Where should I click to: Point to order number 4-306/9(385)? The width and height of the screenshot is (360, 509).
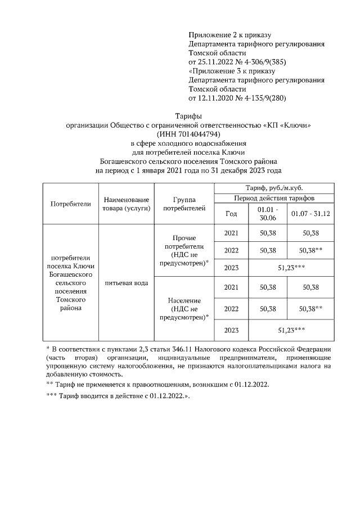253,61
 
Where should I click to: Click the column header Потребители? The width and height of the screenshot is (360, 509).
70,204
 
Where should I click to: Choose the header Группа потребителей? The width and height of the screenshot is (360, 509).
184,204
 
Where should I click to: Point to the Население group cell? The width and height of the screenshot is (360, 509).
184,308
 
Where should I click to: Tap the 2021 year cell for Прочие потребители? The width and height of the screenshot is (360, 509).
231,233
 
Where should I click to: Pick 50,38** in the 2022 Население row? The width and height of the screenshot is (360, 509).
310,308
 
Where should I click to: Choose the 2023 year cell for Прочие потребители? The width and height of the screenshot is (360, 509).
231,268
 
